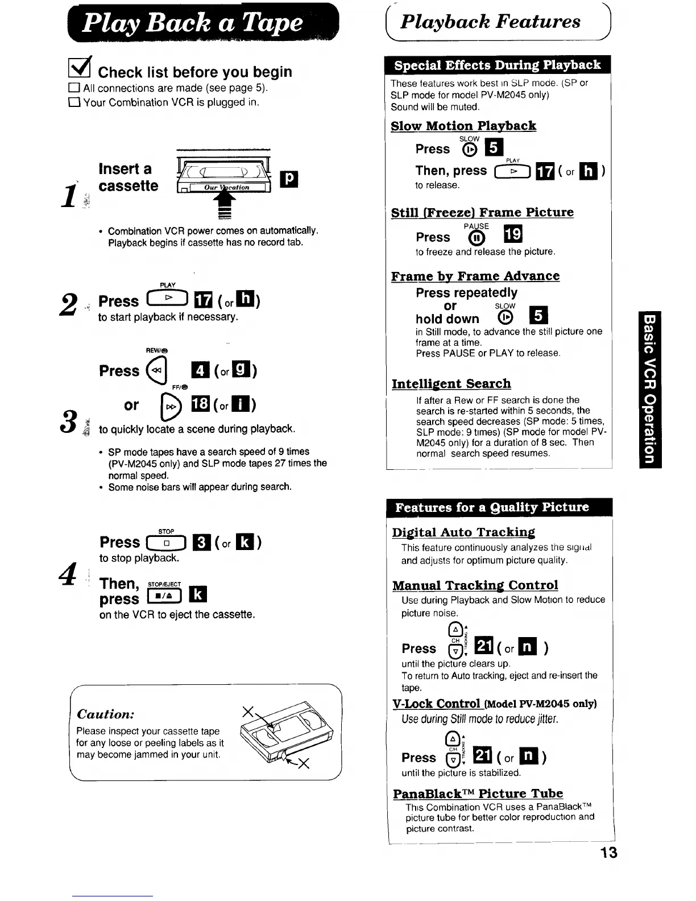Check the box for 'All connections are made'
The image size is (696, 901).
pyautogui.click(x=73, y=88)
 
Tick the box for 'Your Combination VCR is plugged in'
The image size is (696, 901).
pyautogui.click(x=73, y=103)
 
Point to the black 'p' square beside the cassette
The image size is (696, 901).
pyautogui.click(x=289, y=179)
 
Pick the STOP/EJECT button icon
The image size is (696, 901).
pyautogui.click(x=164, y=595)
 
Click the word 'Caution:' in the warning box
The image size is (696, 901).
pyautogui.click(x=106, y=714)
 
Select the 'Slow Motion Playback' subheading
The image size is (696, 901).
pyautogui.click(x=463, y=126)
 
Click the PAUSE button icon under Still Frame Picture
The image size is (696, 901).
pyautogui.click(x=476, y=237)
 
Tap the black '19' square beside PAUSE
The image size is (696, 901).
pyautogui.click(x=513, y=234)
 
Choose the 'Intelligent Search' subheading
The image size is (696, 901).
pyautogui.click(x=451, y=384)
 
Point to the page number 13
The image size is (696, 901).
pyautogui.click(x=608, y=853)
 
